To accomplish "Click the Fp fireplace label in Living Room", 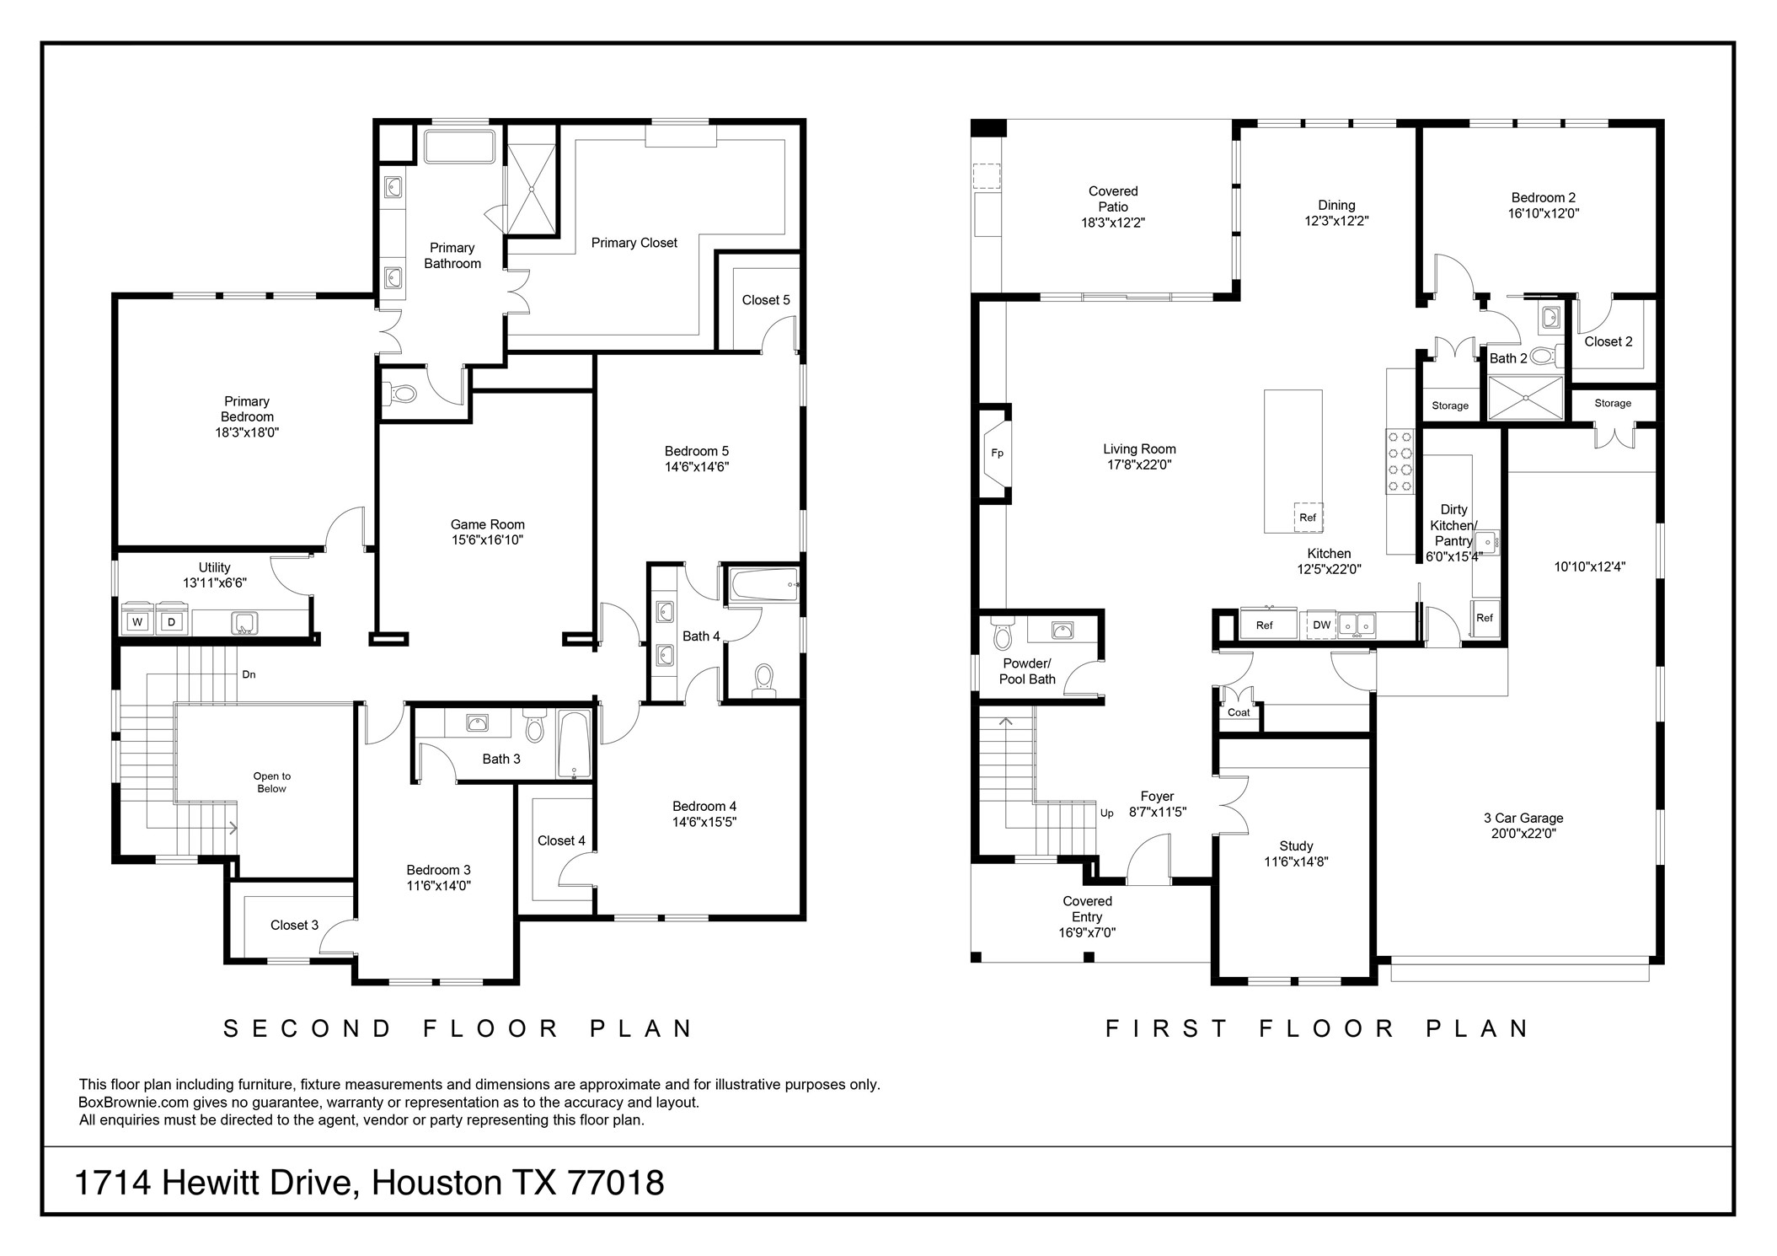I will (997, 454).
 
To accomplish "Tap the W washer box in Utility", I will (137, 622).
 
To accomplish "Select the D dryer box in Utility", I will (171, 622).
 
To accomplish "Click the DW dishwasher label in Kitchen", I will (1321, 625).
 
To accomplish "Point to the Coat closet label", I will (1239, 712).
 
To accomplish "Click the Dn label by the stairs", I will (249, 674).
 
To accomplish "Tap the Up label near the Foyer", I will (1106, 813).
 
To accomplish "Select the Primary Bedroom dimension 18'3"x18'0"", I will (247, 432).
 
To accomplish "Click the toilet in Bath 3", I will (534, 726).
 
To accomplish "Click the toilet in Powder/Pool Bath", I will (1003, 635).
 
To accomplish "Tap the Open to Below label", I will (271, 782).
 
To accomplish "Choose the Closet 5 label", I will (766, 300).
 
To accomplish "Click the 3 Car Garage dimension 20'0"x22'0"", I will (1523, 834).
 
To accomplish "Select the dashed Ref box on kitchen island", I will (1308, 518).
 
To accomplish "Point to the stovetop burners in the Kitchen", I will (1400, 461).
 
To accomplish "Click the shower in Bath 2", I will (1525, 398).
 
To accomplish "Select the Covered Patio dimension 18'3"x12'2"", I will (1113, 223).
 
